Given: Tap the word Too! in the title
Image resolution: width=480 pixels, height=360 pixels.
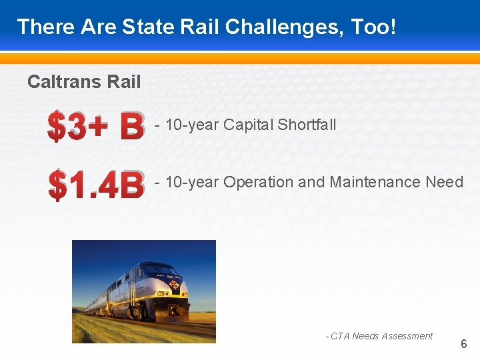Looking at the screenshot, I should tap(375, 27).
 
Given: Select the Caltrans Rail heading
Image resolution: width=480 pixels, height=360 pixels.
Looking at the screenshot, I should tap(84, 82).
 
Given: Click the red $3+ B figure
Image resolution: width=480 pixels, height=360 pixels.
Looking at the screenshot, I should tap(96, 127).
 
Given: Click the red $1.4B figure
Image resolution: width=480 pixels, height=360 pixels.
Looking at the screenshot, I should tap(96, 185).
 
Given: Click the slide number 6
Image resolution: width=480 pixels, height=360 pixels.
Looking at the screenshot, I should tap(464, 345).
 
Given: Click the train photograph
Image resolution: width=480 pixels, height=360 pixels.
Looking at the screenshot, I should tap(143, 291).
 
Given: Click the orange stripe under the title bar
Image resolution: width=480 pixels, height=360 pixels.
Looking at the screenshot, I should tap(240, 59).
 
